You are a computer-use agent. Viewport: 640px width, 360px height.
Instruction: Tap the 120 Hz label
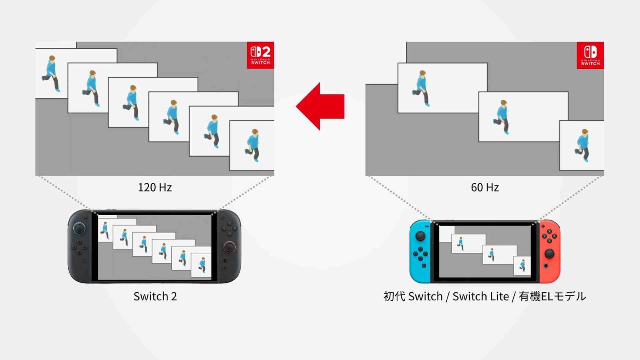[155, 187]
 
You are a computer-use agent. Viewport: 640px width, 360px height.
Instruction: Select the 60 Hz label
[485, 187]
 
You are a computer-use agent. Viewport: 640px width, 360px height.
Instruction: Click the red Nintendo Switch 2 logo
[260, 55]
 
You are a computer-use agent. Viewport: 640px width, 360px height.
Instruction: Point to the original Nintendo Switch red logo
[590, 55]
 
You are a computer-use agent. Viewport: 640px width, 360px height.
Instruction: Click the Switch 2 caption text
[155, 296]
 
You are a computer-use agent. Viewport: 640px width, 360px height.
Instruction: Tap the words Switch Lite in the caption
[480, 296]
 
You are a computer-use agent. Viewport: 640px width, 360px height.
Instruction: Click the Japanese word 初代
[394, 296]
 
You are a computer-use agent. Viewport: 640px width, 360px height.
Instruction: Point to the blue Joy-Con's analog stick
[420, 236]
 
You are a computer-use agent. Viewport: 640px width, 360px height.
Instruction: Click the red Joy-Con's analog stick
[550, 253]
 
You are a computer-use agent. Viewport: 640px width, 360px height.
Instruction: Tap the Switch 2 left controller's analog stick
[79, 228]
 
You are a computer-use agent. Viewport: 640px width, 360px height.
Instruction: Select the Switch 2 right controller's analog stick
[229, 247]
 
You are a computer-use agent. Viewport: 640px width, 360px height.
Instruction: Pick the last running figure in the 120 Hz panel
[252, 145]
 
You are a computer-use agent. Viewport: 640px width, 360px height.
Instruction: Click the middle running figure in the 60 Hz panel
[502, 117]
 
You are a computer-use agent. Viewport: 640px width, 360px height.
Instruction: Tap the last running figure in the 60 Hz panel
[582, 145]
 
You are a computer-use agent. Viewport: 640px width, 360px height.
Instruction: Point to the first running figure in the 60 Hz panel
[421, 88]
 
